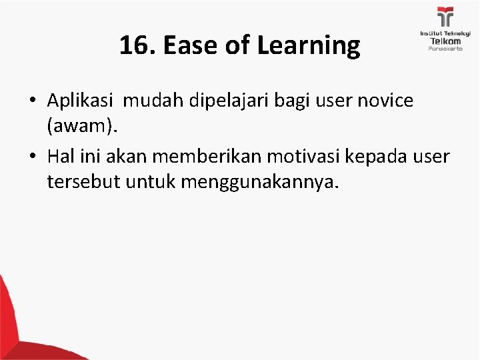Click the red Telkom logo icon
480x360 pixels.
(x=444, y=17)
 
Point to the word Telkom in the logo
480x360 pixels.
(x=444, y=41)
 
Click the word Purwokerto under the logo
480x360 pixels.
(x=444, y=50)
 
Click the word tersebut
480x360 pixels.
(x=78, y=181)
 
